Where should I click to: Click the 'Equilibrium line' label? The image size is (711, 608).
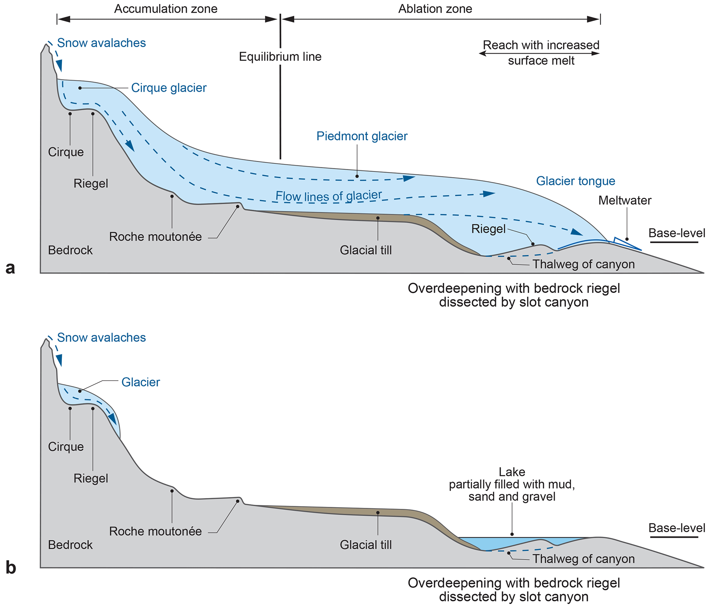tap(280, 57)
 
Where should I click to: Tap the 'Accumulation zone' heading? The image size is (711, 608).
tap(166, 9)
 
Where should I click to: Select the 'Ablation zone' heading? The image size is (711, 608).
tap(435, 9)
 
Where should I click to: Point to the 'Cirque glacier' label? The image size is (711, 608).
tap(169, 88)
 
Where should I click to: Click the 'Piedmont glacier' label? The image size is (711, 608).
tap(362, 136)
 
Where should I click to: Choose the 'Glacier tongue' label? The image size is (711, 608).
tap(575, 181)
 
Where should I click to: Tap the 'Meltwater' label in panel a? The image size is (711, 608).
tap(625, 200)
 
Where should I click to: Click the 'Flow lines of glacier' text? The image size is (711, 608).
tap(328, 196)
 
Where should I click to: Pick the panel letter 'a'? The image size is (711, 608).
tap(10, 268)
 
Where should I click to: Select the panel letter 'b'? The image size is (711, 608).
tap(11, 568)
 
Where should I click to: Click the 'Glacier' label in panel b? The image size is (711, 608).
tap(141, 382)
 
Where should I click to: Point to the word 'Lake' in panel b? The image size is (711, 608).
tap(512, 472)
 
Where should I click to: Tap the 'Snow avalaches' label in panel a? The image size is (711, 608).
tap(101, 43)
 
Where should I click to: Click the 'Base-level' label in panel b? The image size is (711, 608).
tap(677, 528)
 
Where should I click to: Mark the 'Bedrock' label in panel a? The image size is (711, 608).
tap(70, 250)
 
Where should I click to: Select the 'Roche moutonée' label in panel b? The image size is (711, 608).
tap(155, 531)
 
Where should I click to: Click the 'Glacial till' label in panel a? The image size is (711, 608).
tap(366, 250)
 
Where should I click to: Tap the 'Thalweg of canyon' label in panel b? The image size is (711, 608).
tap(583, 559)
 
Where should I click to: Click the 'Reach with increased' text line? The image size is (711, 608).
tap(541, 45)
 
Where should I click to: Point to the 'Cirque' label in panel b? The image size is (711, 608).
tap(66, 447)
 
